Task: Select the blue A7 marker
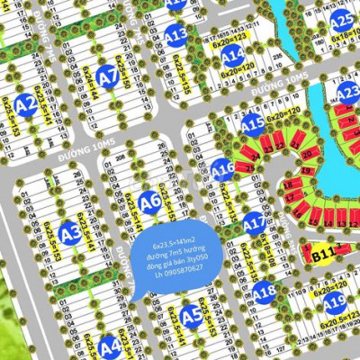tap(109, 79)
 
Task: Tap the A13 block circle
tap(176, 35)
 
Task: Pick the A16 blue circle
tap(222, 168)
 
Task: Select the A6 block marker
tap(150, 201)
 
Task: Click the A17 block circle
tap(256, 220)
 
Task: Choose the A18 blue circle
tap(263, 291)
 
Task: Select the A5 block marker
tap(191, 315)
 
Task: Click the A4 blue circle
tap(110, 345)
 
